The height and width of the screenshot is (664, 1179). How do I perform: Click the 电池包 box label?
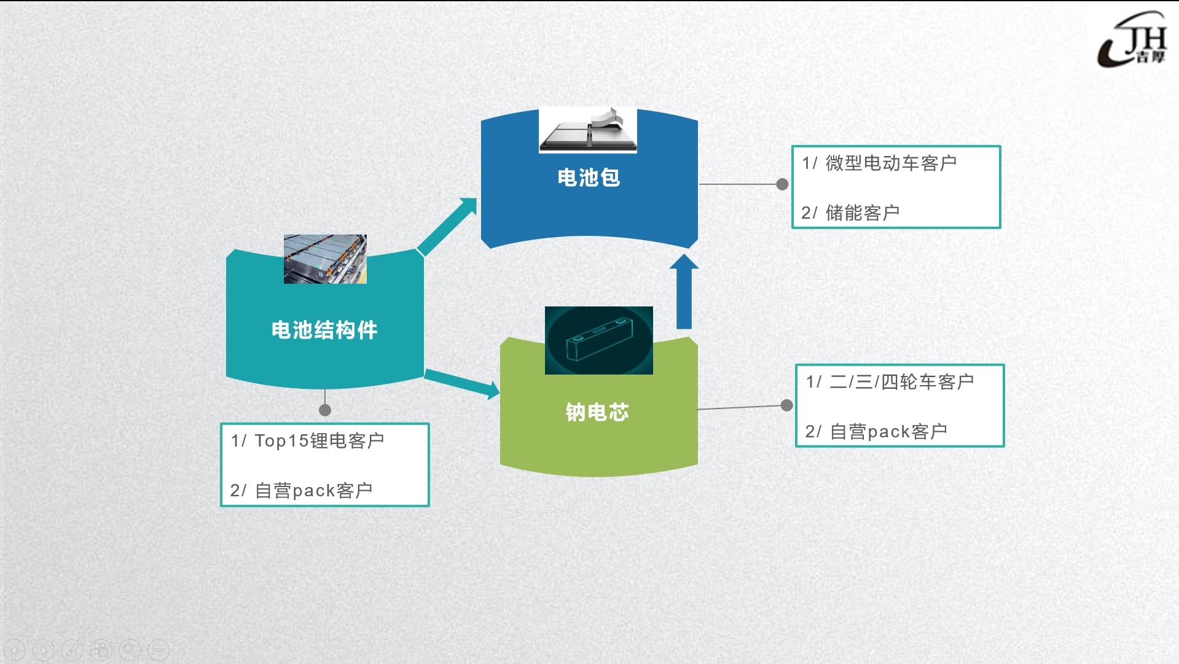tap(589, 178)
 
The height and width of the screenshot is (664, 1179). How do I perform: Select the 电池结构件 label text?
tap(324, 330)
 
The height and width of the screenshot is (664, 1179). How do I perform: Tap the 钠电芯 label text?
tap(597, 412)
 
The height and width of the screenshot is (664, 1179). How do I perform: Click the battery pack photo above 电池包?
tap(588, 130)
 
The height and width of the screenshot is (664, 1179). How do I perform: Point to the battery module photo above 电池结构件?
tap(325, 259)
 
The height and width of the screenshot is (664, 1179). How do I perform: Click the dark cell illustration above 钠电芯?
tap(598, 340)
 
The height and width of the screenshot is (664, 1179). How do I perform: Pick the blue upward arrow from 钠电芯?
tap(684, 292)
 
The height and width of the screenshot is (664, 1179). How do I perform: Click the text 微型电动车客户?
tap(891, 163)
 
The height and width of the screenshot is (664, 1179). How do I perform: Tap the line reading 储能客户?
tap(862, 213)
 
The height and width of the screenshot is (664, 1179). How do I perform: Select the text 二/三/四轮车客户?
tap(901, 382)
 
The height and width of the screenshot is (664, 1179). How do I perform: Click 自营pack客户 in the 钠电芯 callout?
tap(888, 432)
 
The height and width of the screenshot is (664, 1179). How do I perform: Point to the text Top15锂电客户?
tap(319, 440)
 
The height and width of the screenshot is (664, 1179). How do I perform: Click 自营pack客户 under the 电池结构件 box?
tap(313, 491)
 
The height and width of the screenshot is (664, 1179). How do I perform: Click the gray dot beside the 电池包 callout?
tap(782, 184)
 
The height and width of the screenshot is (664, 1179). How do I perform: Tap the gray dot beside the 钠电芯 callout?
tap(786, 405)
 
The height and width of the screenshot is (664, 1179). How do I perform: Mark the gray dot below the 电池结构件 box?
tap(325, 410)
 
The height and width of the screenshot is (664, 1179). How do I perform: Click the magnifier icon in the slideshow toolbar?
tap(130, 650)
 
